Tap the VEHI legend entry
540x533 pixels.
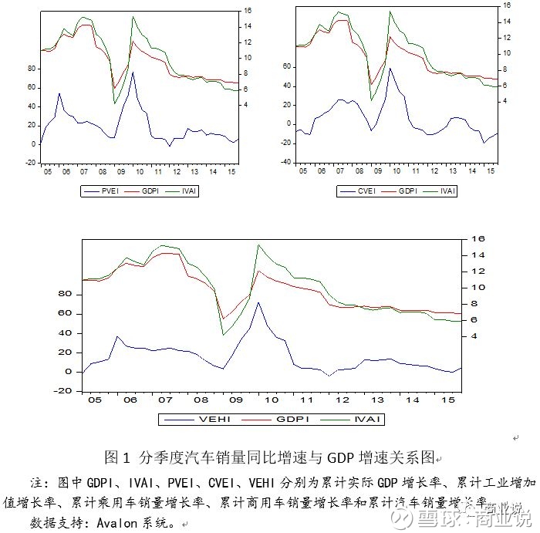[210, 419]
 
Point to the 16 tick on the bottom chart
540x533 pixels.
[479, 239]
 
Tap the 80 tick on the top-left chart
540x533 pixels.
[32, 68]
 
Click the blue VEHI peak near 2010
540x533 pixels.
[258, 302]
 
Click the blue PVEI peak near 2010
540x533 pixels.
[132, 73]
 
